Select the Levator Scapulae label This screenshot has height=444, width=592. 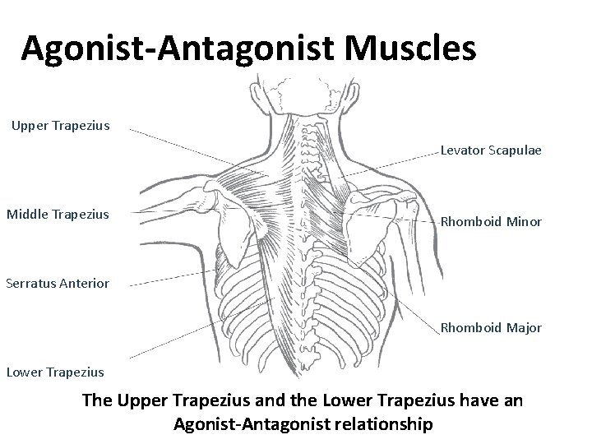point(491,150)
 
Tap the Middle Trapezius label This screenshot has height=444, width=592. point(58,215)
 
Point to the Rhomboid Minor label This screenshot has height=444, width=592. point(491,221)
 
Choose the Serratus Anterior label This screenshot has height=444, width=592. point(57,284)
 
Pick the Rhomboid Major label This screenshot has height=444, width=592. point(491,327)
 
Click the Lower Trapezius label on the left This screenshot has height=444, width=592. point(55,372)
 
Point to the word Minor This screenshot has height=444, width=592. point(522,221)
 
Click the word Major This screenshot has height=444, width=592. point(522,327)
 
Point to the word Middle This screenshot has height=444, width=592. point(27,215)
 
